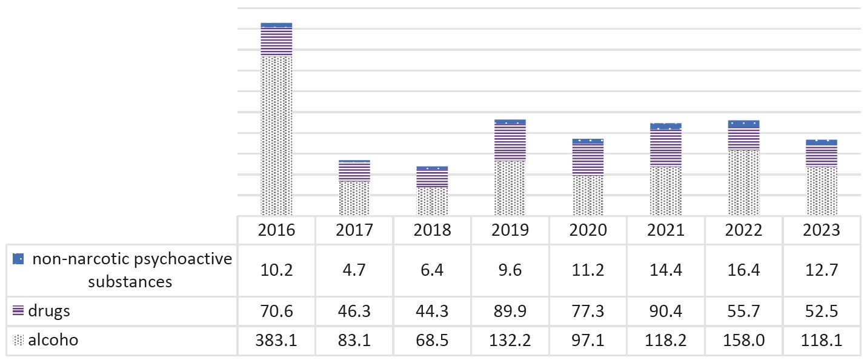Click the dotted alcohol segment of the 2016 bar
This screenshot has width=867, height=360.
276,136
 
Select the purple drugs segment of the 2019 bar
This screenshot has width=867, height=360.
510,142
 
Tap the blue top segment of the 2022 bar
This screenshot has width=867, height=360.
743,124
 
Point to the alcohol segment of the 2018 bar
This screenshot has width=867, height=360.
432,201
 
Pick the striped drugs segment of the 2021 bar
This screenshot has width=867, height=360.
666,148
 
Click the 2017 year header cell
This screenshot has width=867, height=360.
354,230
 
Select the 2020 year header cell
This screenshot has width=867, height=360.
588,230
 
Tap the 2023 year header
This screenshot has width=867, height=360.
822,230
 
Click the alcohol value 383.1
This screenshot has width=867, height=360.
276,340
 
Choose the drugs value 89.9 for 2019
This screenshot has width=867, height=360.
510,311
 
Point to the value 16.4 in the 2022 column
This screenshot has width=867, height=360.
743,270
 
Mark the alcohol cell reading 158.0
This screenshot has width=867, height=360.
743,340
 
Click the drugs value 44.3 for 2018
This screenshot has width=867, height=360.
432,311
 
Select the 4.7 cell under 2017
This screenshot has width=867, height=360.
354,270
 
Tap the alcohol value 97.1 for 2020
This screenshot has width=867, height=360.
588,340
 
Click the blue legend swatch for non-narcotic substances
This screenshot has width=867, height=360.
18,259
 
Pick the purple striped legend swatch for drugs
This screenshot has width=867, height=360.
18,310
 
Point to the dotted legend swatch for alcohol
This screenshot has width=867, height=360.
18,340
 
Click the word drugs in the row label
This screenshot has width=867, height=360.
49,311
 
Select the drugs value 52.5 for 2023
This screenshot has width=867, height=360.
822,311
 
